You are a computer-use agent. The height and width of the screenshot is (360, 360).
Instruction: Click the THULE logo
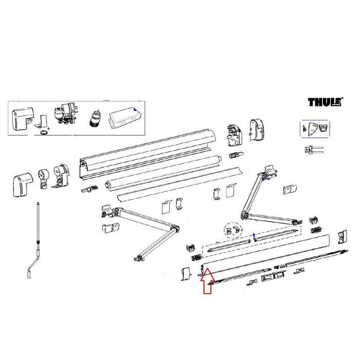(322, 102)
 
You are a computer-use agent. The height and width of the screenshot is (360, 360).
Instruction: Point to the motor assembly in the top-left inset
(65, 114)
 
